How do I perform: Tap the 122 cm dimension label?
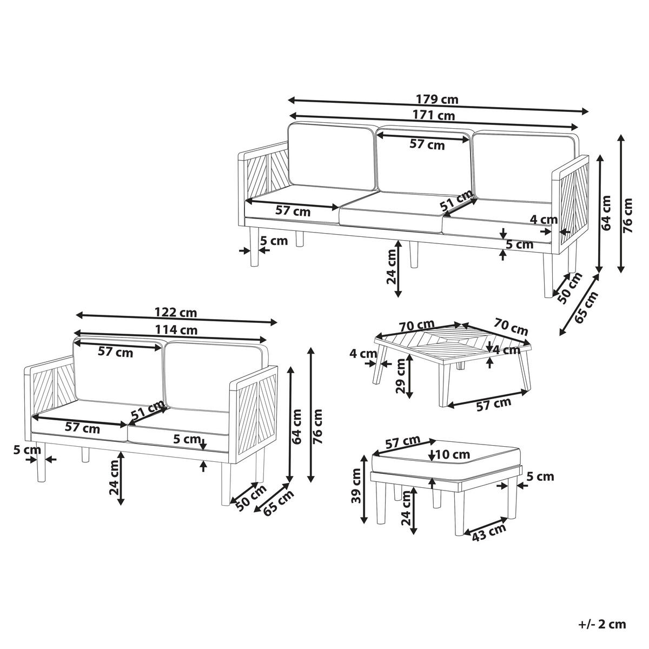pyautogui.click(x=176, y=313)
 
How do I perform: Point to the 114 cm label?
pyautogui.click(x=177, y=329)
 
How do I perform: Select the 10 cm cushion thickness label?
pyautogui.click(x=453, y=454)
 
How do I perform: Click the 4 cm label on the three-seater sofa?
pyautogui.click(x=543, y=220)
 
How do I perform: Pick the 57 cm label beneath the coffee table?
pyautogui.click(x=493, y=403)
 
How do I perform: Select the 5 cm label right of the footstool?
pyautogui.click(x=540, y=476)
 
